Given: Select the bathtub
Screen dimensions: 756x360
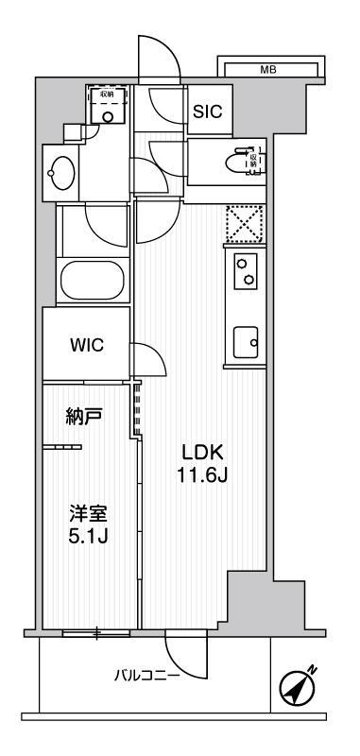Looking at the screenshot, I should pyautogui.click(x=94, y=281).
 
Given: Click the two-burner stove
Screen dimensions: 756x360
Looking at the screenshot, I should pyautogui.click(x=244, y=272).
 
